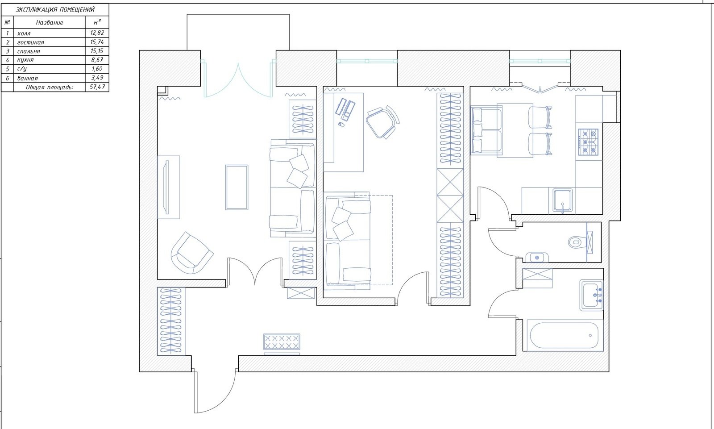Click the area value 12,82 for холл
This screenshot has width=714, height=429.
click(x=97, y=33)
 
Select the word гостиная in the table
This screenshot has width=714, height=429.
click(x=31, y=42)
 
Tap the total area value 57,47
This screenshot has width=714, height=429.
click(x=97, y=87)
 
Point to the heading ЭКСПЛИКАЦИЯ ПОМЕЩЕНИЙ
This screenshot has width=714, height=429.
click(x=55, y=9)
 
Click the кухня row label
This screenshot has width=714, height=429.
click(x=25, y=60)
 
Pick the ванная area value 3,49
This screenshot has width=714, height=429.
click(x=97, y=78)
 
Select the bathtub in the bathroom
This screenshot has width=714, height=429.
click(x=564, y=336)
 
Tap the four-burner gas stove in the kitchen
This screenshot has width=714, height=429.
click(x=589, y=142)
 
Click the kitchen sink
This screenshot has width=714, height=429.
click(x=563, y=201)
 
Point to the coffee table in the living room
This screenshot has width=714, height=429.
click(x=237, y=187)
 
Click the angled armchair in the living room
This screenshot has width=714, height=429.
click(x=192, y=253)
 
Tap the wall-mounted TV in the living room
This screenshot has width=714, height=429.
click(x=166, y=187)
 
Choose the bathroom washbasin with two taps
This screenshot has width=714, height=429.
click(x=592, y=296)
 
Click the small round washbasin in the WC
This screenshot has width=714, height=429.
click(x=537, y=258)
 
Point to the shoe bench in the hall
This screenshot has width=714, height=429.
click(x=282, y=342)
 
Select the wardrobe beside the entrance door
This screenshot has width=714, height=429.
click(x=171, y=321)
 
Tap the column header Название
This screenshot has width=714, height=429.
click(x=50, y=23)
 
